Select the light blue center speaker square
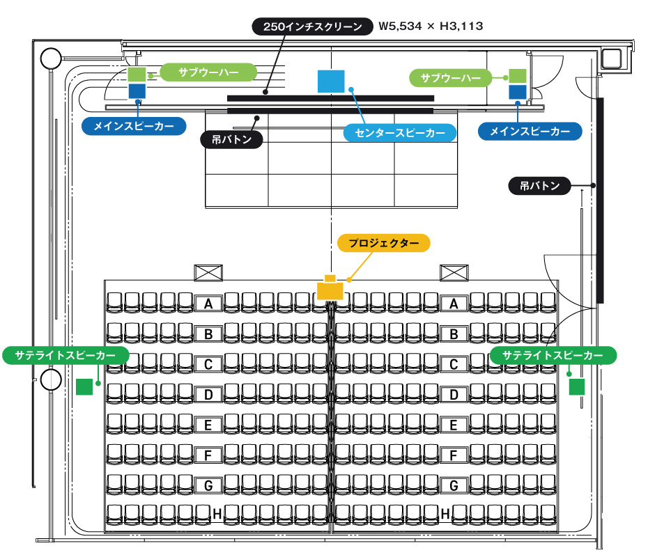(332, 81)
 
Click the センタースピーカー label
(400, 133)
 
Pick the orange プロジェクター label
(384, 243)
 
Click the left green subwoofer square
(137, 74)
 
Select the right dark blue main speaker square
(517, 92)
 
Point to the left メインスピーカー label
(134, 125)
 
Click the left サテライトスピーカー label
(65, 355)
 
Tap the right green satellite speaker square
(576, 386)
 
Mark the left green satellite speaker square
(84, 386)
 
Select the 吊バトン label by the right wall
(539, 186)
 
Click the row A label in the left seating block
(208, 304)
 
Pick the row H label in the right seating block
(446, 514)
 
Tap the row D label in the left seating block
(208, 395)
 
